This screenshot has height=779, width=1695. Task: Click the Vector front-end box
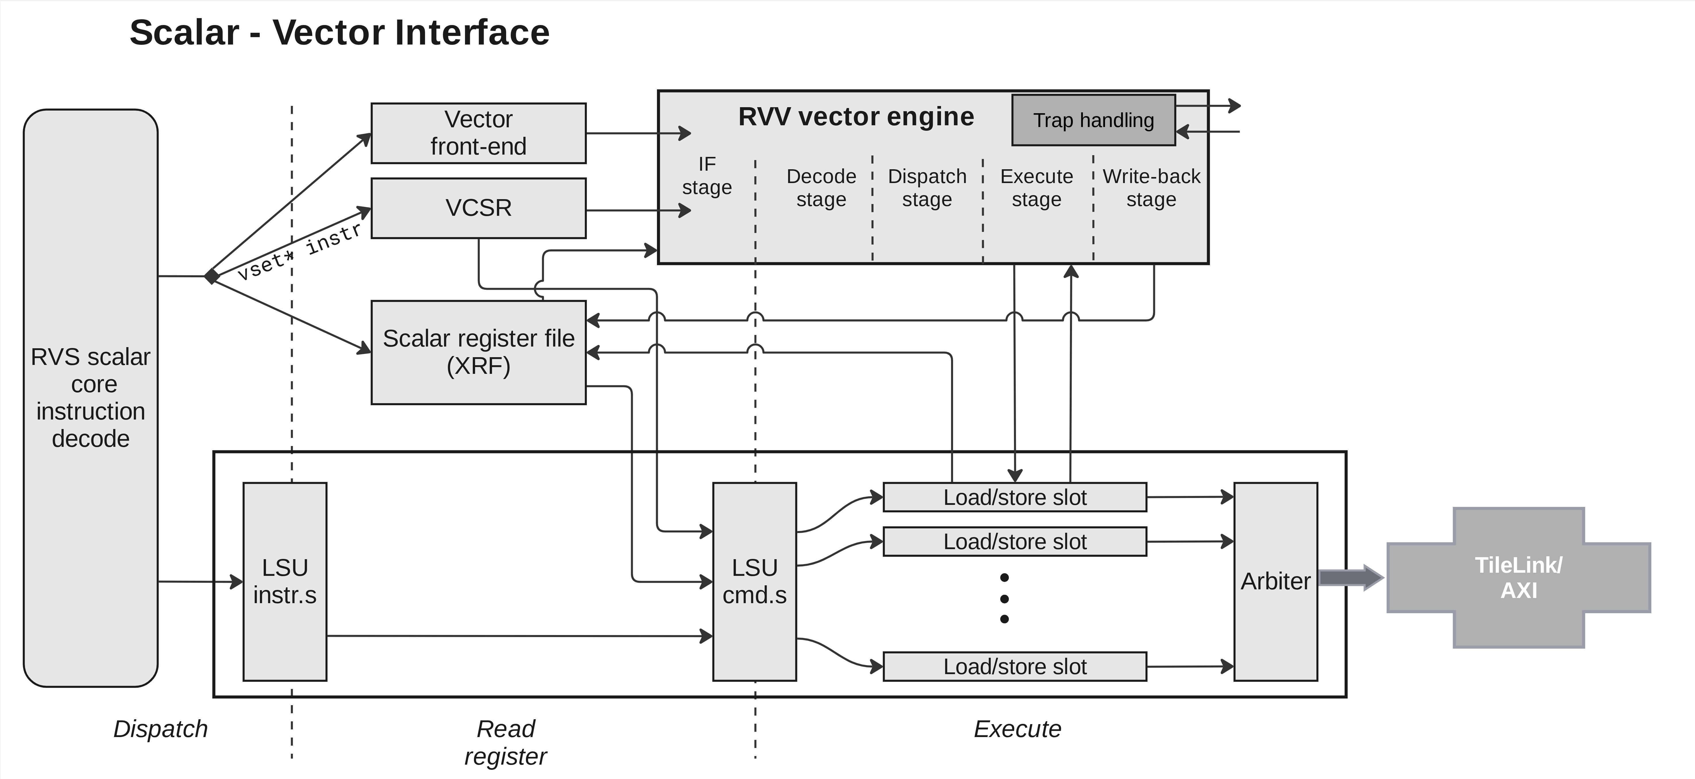[x=478, y=133]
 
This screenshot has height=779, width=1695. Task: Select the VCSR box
[x=478, y=208]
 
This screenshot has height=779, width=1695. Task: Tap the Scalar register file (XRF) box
[x=478, y=352]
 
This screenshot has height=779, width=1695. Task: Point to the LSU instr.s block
[x=285, y=582]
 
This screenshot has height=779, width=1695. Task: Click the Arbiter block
[x=1275, y=582]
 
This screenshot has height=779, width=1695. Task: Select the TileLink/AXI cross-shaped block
[x=1519, y=578]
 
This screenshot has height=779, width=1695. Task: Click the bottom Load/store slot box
[x=1015, y=666]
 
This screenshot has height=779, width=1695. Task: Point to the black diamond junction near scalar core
[x=211, y=276]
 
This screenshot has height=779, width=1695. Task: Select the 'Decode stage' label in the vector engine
[x=821, y=188]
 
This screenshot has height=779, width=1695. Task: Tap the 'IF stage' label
[x=707, y=176]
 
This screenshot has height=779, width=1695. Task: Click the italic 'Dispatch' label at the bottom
[x=161, y=729]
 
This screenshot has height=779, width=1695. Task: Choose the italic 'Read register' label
[x=505, y=742]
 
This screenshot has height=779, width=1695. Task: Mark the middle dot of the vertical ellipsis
[x=1004, y=599]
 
